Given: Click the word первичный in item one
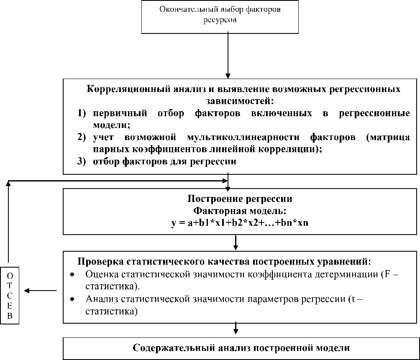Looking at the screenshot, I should (x=117, y=114).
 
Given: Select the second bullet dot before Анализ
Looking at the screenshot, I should (x=73, y=299).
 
